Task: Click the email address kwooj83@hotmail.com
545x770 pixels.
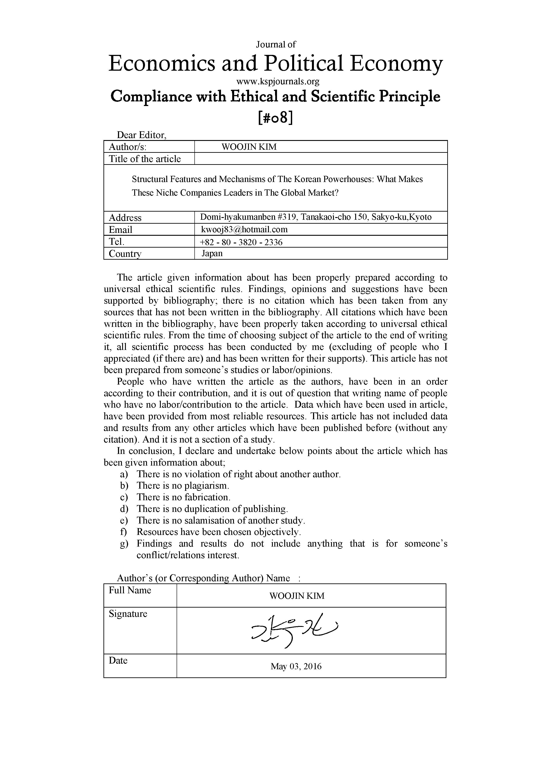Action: pyautogui.click(x=244, y=229)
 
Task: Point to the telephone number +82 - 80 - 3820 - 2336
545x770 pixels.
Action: pyautogui.click(x=241, y=242)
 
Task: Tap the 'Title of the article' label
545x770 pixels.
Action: pyautogui.click(x=145, y=159)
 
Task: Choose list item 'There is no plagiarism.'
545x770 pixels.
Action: pyautogui.click(x=183, y=485)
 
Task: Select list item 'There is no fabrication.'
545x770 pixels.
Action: pyautogui.click(x=184, y=497)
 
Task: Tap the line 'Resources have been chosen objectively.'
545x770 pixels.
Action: pyautogui.click(x=219, y=532)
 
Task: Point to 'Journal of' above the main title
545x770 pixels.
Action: pyautogui.click(x=276, y=44)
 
